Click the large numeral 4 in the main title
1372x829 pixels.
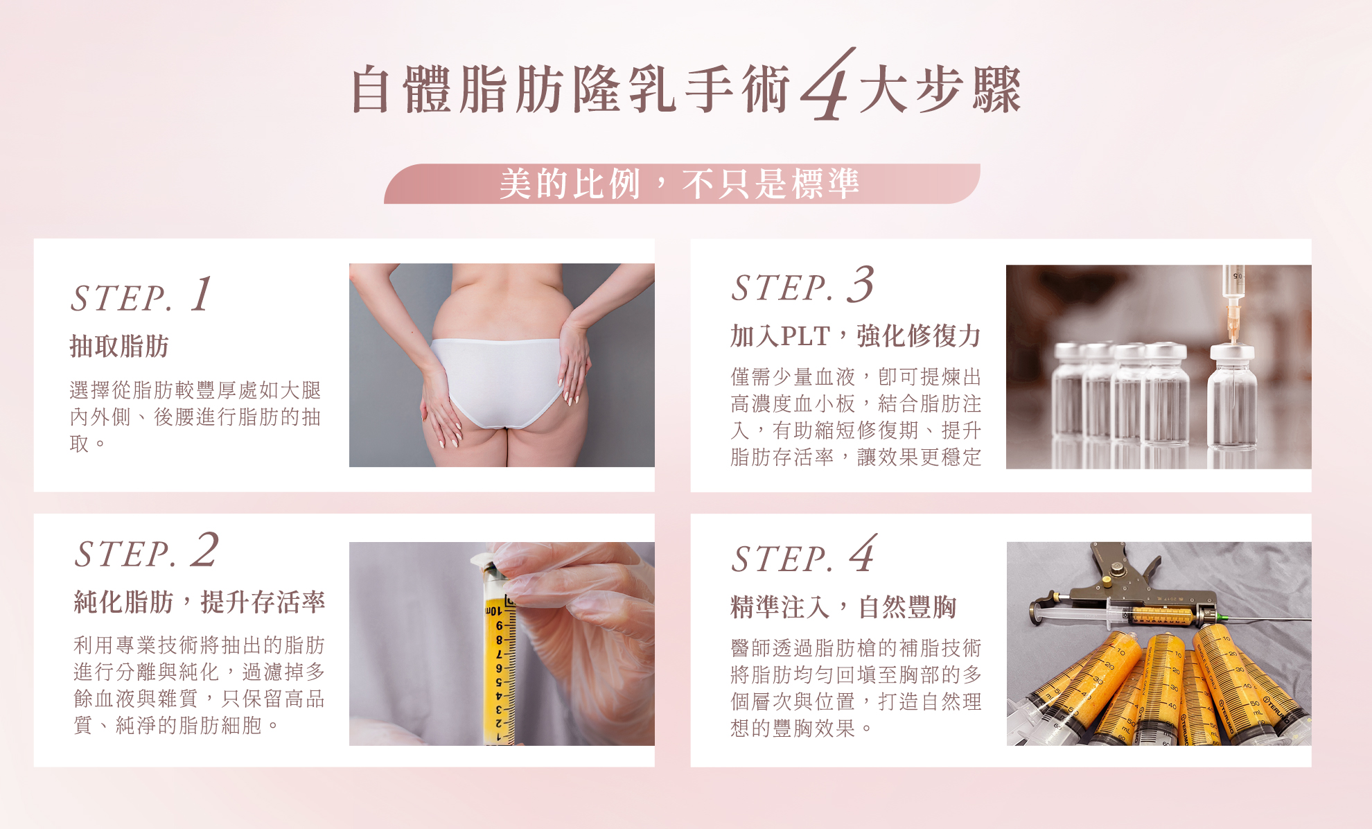point(827,85)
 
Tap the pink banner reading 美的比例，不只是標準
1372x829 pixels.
point(682,184)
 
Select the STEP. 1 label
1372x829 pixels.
point(141,296)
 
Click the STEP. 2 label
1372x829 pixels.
point(147,551)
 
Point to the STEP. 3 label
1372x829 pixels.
point(803,285)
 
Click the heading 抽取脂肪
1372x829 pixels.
point(119,346)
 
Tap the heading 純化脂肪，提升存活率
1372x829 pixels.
point(200,602)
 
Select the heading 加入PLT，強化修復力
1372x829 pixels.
point(856,335)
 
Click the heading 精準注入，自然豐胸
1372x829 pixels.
point(843,607)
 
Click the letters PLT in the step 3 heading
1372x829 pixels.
point(805,337)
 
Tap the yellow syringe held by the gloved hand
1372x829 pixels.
point(500,652)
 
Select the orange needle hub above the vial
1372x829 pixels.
point(1233,322)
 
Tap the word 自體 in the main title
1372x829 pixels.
point(401,89)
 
